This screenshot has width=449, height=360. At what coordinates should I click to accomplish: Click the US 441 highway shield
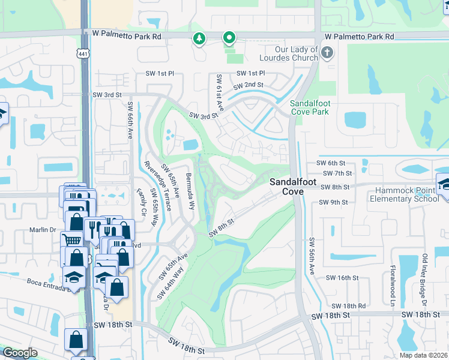[83, 53]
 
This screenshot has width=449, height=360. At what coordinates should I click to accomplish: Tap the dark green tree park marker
[199, 40]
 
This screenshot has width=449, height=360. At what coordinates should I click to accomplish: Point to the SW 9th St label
[333, 202]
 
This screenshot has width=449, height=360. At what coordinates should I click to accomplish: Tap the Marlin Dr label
[43, 230]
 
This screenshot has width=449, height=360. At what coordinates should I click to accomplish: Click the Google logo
[20, 353]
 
